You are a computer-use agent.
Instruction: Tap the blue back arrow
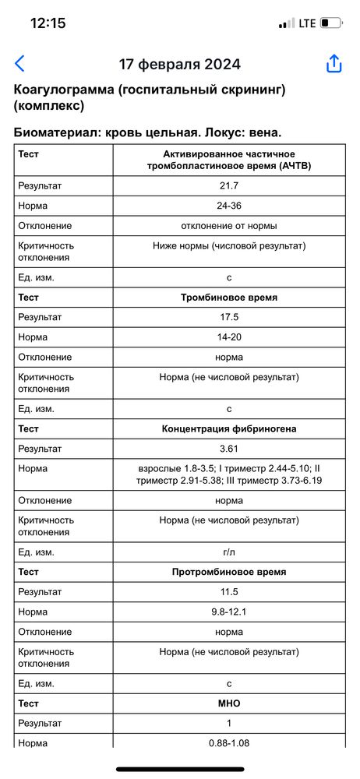[x=20, y=64]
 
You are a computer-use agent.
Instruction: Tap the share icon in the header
[x=334, y=64]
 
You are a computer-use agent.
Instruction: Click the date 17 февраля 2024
[x=179, y=64]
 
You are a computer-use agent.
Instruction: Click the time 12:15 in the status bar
[x=48, y=23]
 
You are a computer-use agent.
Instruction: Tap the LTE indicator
[x=307, y=23]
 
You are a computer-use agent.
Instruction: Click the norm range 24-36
[x=229, y=206]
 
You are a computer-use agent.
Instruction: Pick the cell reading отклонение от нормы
[x=229, y=226]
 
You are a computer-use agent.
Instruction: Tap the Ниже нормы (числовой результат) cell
[x=229, y=245]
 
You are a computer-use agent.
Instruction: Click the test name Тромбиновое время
[x=229, y=298]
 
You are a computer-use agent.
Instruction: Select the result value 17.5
[x=229, y=318]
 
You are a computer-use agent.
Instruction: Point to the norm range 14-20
[x=229, y=337]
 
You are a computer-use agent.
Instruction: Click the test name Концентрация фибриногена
[x=229, y=429]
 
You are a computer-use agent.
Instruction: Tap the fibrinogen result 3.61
[x=229, y=449]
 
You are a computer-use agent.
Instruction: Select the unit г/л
[x=229, y=552]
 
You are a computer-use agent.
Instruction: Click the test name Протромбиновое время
[x=229, y=572]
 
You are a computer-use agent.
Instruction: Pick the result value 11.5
[x=229, y=592]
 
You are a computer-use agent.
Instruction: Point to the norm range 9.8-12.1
[x=229, y=612]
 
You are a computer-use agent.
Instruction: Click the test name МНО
[x=229, y=703]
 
